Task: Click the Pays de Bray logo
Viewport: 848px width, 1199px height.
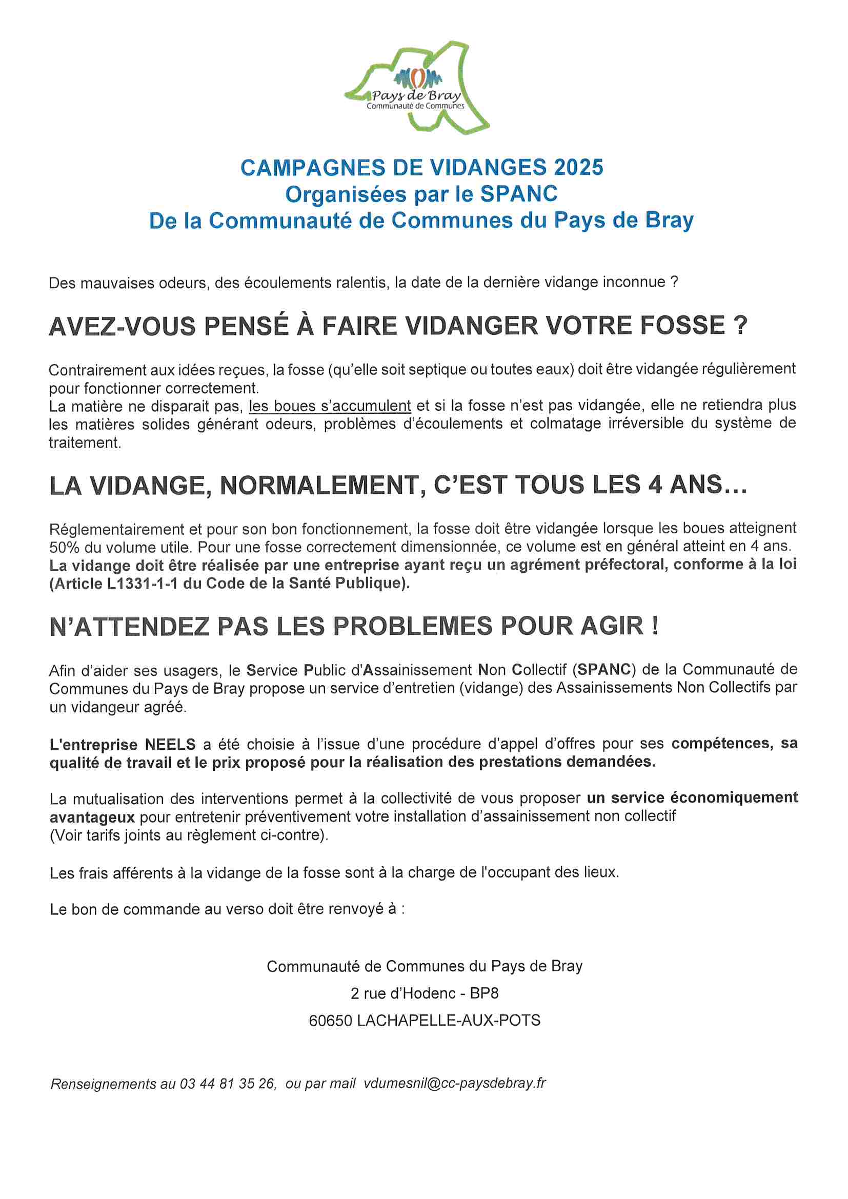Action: click(417, 87)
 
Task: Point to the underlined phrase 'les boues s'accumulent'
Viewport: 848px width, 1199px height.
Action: click(330, 406)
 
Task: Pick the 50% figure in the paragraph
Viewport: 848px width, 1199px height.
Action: click(64, 547)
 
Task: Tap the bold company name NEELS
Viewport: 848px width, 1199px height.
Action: click(170, 744)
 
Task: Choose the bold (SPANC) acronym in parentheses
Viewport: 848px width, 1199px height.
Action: click(604, 669)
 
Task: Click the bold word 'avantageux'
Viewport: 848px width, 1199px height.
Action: click(92, 817)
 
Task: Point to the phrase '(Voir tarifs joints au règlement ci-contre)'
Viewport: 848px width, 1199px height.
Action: click(189, 835)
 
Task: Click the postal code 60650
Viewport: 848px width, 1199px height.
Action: click(330, 1021)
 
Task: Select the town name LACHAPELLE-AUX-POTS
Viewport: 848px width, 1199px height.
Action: click(449, 1021)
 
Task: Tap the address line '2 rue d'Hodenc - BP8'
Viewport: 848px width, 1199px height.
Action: click(424, 993)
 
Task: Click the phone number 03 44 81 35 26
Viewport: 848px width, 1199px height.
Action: click(227, 1084)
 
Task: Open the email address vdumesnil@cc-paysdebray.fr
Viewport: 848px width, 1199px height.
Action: click(454, 1083)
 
